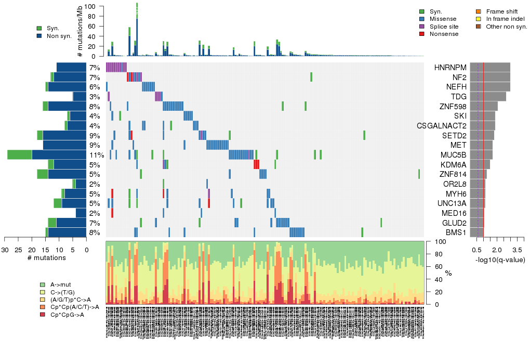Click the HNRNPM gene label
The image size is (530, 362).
click(x=450, y=68)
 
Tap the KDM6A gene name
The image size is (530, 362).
click(x=453, y=165)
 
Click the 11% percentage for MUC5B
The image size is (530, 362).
click(x=96, y=155)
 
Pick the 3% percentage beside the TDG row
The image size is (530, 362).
click(x=95, y=97)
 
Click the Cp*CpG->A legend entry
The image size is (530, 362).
click(x=67, y=315)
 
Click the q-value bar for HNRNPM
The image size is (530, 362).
click(x=490, y=68)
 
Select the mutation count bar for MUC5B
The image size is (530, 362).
click(x=47, y=155)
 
